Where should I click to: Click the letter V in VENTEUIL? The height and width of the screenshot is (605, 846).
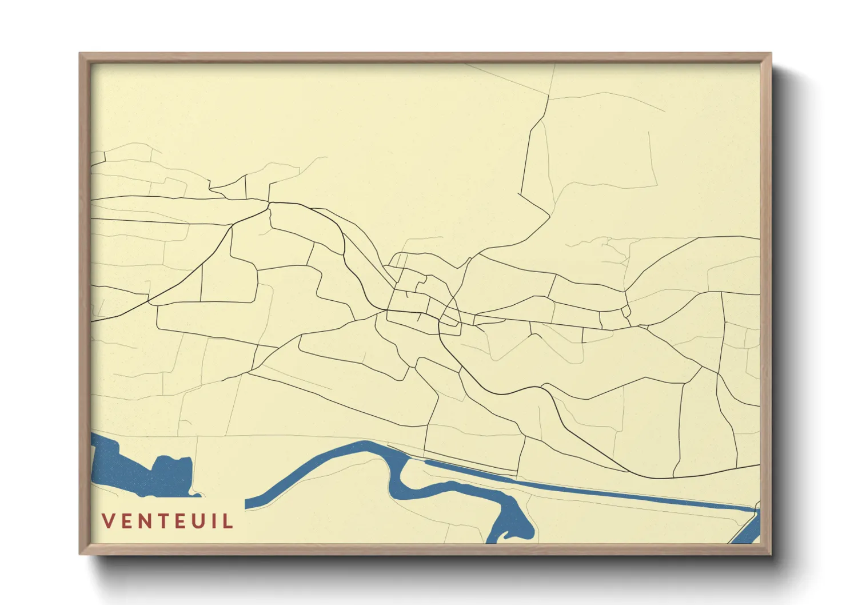pos(108,521)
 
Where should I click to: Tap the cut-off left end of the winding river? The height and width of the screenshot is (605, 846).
pos(248,504)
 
